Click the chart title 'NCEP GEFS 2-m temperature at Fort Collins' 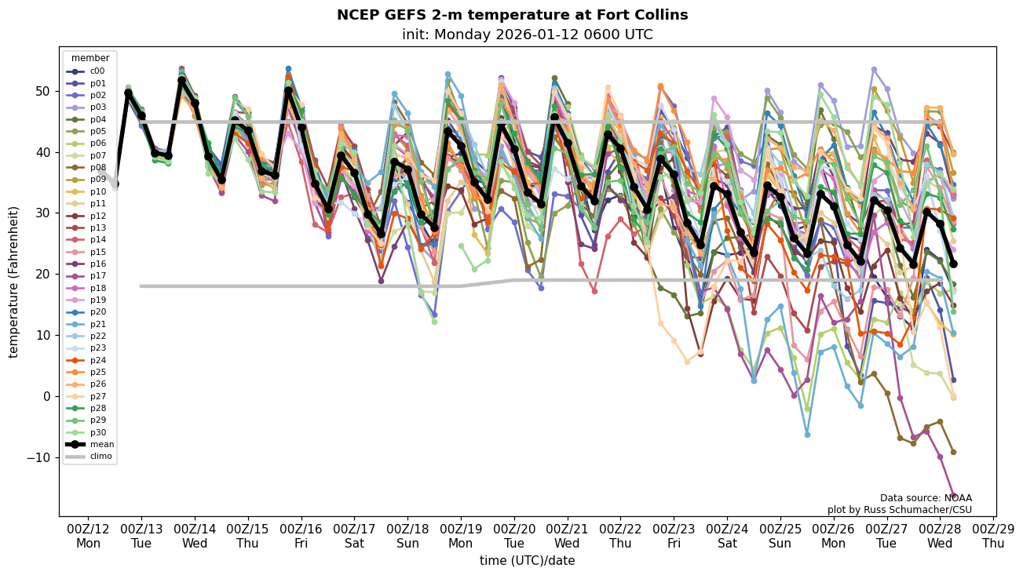click(x=512, y=15)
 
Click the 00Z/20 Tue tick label click(x=514, y=535)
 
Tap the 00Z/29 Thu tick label click(x=992, y=535)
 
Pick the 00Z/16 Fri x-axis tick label click(x=301, y=535)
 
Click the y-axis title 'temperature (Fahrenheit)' click(x=13, y=282)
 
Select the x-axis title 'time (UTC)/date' click(x=527, y=560)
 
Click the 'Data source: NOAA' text click(x=926, y=498)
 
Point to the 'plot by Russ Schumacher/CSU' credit click(x=900, y=510)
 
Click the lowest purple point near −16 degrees click(x=953, y=496)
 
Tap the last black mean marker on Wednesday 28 click(x=953, y=264)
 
